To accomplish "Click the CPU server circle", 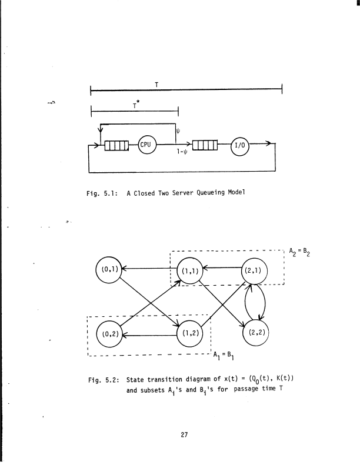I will pyautogui.click(x=147, y=145).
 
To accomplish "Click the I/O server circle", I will pyautogui.click(x=241, y=145).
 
